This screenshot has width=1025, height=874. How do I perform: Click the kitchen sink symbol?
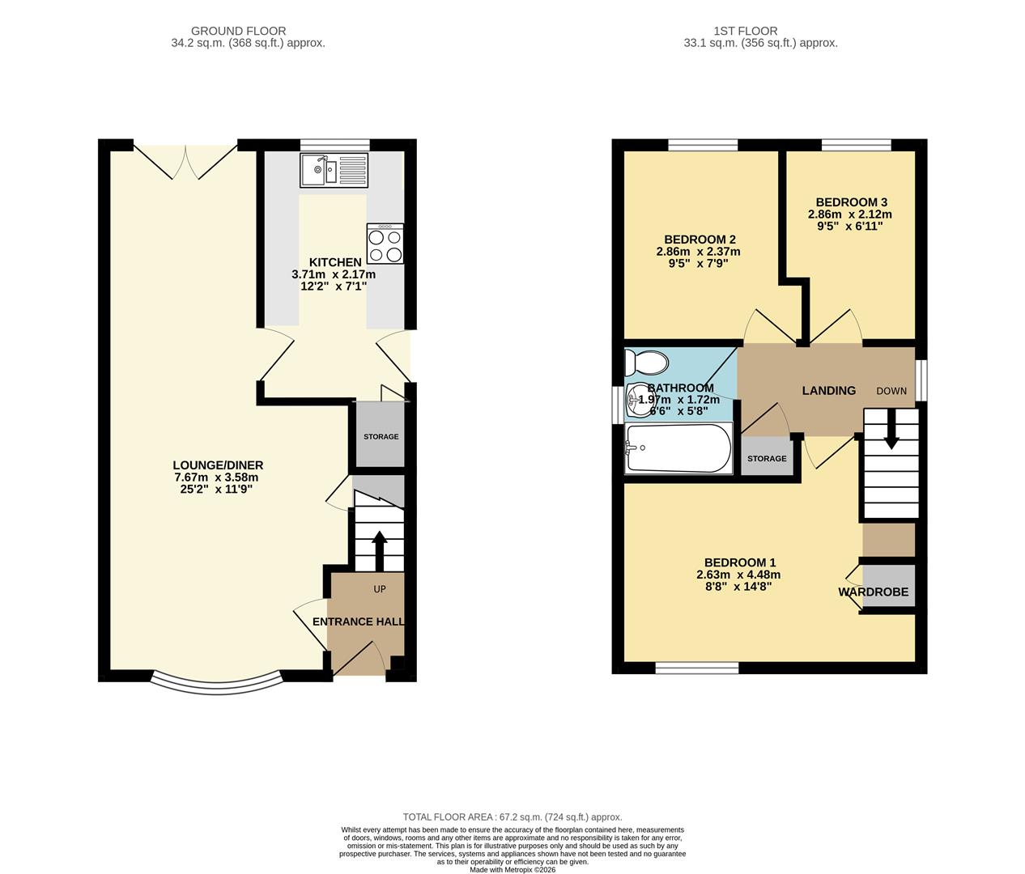coord(334,170)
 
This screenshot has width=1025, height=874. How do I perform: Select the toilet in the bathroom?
coord(646,363)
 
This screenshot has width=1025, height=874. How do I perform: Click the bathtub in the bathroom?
coord(678,448)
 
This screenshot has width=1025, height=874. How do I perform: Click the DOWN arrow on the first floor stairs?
coord(891,429)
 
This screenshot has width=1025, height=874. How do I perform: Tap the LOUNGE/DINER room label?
coord(218,465)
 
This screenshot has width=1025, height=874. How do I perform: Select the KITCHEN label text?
coord(335,262)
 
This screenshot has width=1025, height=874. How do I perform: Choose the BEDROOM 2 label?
coord(700,240)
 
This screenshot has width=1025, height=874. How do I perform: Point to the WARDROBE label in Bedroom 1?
coord(873,592)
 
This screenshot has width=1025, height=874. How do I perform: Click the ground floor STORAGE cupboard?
coord(381,437)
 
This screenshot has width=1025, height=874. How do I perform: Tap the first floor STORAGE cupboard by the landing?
coord(767,458)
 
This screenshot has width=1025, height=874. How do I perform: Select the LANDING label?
coord(828,391)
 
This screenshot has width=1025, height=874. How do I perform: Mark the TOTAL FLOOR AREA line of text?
coord(512,817)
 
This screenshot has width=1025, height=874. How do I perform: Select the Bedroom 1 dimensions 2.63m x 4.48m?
coord(738,575)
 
